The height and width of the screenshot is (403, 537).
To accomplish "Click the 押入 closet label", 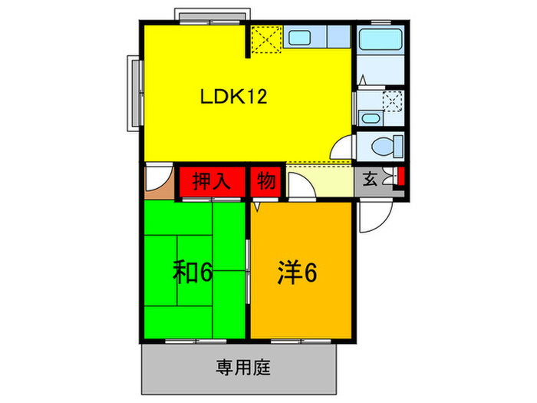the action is click(210, 182).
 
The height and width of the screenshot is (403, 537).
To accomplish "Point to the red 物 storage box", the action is click(267, 182).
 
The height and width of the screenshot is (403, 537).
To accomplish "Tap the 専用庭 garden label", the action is click(238, 367).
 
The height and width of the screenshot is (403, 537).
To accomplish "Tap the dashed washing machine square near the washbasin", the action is click(393, 100).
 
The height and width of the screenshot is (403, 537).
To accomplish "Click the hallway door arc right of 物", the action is click(298, 189).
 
